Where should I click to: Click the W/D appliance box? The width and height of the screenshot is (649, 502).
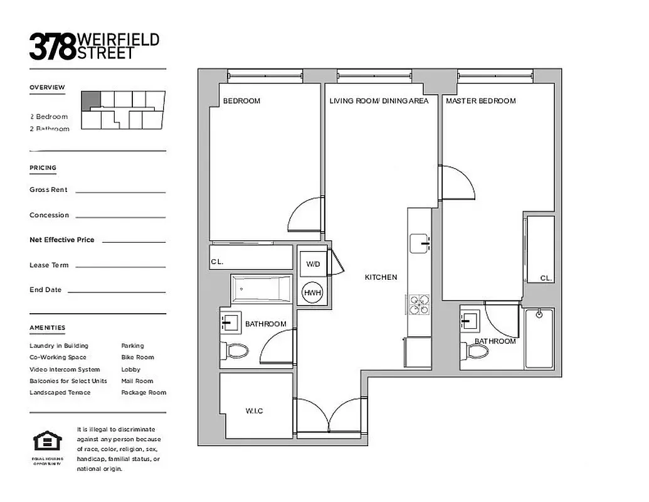[x=313, y=264]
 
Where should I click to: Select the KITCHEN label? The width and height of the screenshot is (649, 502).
[x=381, y=277]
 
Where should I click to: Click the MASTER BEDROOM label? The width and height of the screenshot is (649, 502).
[x=480, y=101]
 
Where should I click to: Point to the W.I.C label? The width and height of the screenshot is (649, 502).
[x=254, y=411]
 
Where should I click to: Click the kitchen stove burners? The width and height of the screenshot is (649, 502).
[x=419, y=304]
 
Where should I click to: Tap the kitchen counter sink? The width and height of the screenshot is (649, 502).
[x=419, y=242]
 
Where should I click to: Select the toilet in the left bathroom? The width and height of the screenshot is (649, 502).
[x=237, y=351]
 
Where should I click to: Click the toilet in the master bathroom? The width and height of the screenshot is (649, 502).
[x=477, y=351]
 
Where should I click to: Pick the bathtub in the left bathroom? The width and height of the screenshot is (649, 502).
[x=261, y=289]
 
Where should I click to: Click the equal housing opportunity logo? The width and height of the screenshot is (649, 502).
[x=44, y=441]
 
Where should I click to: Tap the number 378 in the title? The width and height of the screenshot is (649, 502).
[x=53, y=47]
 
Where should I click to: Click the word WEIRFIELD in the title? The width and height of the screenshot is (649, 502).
[x=119, y=40]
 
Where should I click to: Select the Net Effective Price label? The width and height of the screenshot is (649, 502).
[x=61, y=240]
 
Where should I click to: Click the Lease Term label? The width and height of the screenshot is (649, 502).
[x=49, y=265]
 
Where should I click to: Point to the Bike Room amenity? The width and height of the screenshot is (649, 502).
[x=137, y=357]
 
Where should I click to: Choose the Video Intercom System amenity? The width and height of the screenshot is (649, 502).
[x=65, y=369]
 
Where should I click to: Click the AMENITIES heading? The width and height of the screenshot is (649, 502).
[x=47, y=328]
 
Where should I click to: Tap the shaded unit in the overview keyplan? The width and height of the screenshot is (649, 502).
[x=91, y=99]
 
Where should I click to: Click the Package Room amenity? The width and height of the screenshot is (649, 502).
[x=144, y=392]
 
